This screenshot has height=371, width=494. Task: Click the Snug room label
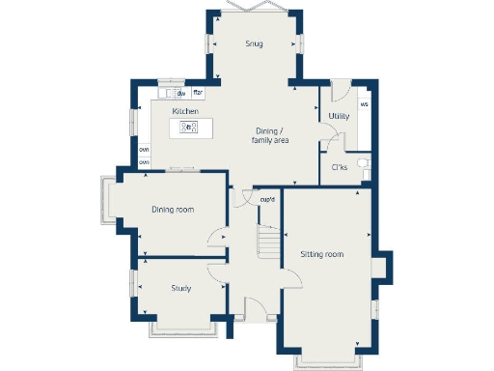[x=254, y=43]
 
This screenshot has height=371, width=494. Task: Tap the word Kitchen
[x=186, y=112]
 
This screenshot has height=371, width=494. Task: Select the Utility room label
[x=338, y=116]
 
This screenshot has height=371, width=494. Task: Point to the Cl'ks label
[x=339, y=167]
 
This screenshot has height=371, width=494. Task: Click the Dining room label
[x=173, y=210]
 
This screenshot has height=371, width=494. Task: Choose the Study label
[x=180, y=288]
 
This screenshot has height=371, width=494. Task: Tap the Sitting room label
[x=321, y=254]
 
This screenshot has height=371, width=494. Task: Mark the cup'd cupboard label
[x=267, y=200]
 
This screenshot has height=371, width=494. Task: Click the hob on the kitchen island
[x=188, y=127]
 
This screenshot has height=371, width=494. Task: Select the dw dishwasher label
[x=181, y=93]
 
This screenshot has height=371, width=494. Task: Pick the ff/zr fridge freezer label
[x=198, y=93]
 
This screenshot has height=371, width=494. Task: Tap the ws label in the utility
[x=365, y=103]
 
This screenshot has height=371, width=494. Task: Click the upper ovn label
[x=144, y=150]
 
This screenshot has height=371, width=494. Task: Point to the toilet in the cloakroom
[x=363, y=164]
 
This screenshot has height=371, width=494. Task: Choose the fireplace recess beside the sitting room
[x=384, y=265]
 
